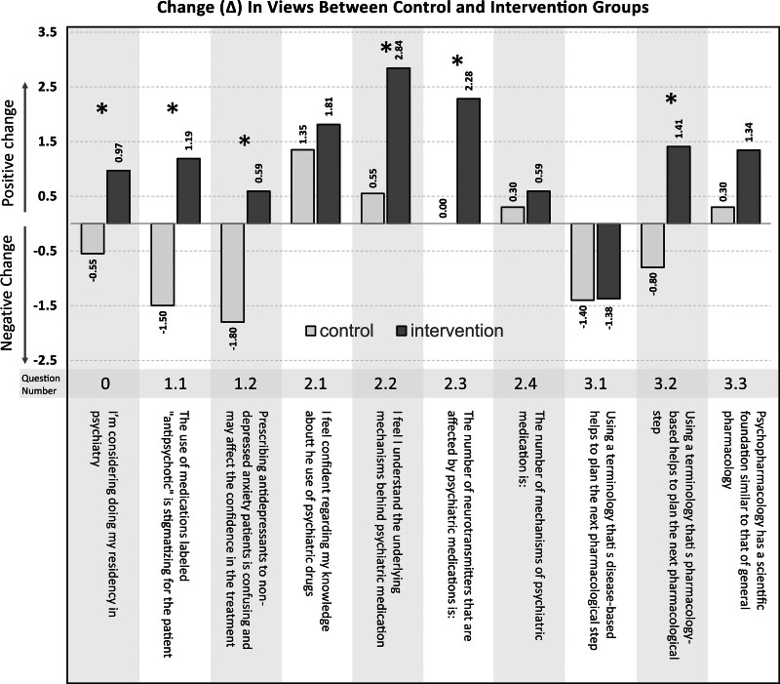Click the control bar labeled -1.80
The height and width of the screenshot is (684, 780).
coord(233,272)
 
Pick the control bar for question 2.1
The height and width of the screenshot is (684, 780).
coord(303,186)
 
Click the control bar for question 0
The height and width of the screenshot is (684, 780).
coord(93,238)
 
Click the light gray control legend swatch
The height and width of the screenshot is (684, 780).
coord(313,331)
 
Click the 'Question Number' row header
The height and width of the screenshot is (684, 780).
coord(32,382)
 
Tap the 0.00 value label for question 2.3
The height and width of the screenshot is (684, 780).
coord(445,207)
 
